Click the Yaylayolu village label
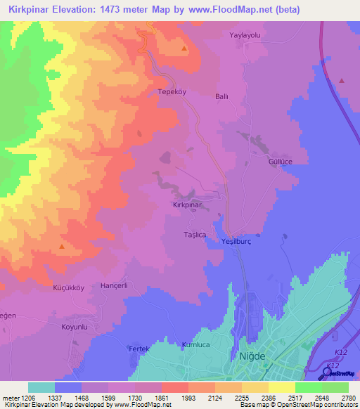pos(245,34)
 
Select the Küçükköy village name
pos(69,288)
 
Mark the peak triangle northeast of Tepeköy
pos(184,48)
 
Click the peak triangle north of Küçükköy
pos(63,247)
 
